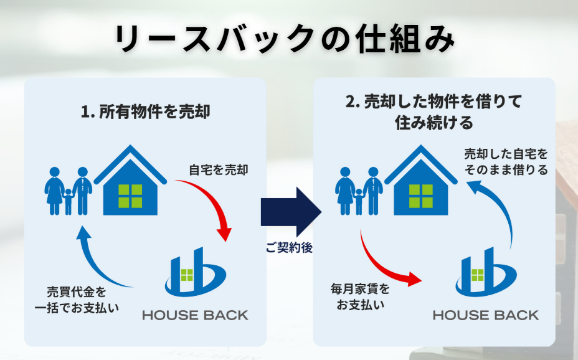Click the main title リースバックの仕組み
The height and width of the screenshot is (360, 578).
point(285,39)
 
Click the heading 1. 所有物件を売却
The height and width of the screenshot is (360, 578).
point(146,112)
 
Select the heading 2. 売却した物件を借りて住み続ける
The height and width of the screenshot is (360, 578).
point(434,112)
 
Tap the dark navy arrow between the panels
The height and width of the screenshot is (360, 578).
point(291,212)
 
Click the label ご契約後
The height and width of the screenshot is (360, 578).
point(290,248)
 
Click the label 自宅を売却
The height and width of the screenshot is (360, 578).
point(219,170)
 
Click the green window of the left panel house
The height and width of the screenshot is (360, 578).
point(130,196)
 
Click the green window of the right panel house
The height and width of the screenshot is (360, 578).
point(420,196)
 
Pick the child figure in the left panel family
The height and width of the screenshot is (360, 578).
point(68,202)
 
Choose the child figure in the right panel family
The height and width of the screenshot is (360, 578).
point(358,202)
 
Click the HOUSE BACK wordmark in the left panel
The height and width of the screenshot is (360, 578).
point(196,315)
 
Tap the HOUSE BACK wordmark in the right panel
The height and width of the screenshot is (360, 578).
point(486,315)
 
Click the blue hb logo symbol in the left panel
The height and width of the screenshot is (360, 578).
point(196,272)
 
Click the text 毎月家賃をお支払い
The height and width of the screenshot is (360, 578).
point(360,297)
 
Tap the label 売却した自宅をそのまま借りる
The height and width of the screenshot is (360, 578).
point(506,162)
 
